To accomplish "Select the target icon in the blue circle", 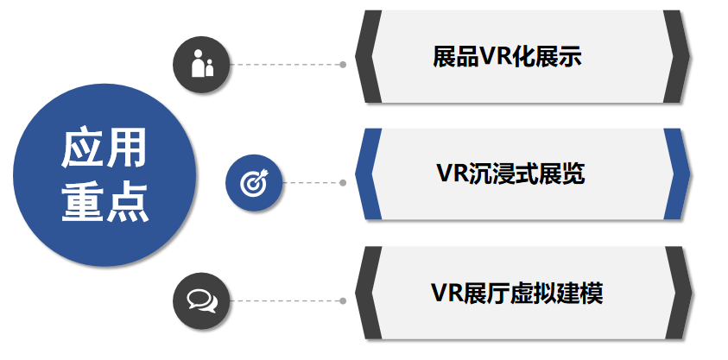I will tap(253, 182).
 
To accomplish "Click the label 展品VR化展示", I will tap(508, 58).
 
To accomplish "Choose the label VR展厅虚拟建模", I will tap(516, 293).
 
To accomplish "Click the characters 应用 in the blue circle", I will tap(103, 148).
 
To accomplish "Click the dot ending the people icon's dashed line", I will tap(343, 64).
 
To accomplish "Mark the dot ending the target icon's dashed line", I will tap(343, 182).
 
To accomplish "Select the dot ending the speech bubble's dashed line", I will tap(343, 300).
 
